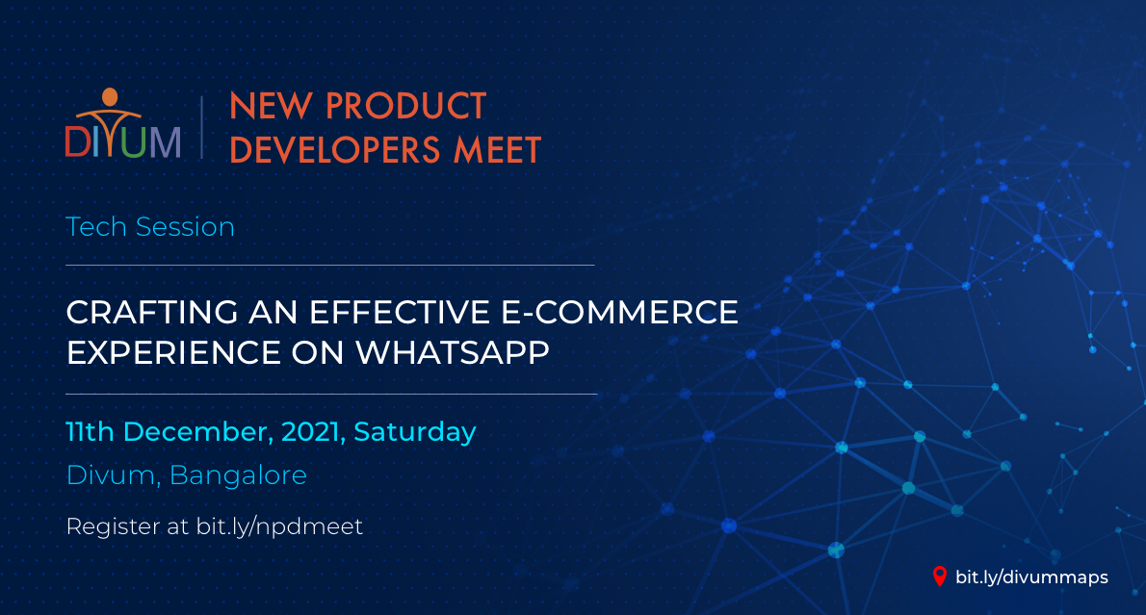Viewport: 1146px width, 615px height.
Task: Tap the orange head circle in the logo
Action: (x=110, y=96)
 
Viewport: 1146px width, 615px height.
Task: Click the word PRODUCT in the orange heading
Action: (x=405, y=107)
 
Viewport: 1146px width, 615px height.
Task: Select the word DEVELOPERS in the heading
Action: (x=335, y=150)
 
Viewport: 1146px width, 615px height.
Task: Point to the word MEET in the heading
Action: (x=497, y=150)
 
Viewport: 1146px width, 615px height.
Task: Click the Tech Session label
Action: (x=150, y=227)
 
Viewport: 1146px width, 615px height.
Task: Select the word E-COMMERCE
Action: (x=619, y=313)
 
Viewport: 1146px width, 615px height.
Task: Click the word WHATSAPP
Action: (x=453, y=353)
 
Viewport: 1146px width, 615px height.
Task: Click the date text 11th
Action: (x=90, y=432)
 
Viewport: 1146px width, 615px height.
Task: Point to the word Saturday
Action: (x=415, y=432)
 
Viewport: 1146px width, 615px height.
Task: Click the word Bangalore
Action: (x=238, y=475)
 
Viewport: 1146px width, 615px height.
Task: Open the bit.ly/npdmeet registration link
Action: (x=280, y=526)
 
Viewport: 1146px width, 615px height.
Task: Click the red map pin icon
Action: (x=940, y=577)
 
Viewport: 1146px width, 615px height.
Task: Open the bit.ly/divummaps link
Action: (x=1032, y=577)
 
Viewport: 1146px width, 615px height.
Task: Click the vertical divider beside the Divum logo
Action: (x=201, y=127)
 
